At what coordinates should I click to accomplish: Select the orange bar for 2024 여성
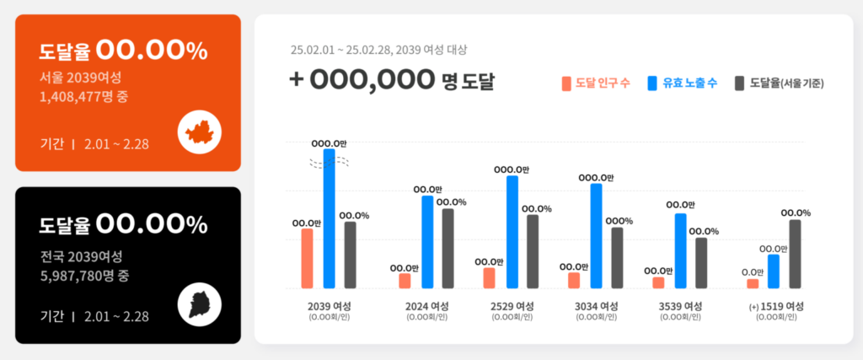click(x=405, y=280)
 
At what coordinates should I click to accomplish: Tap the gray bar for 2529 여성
click(x=532, y=251)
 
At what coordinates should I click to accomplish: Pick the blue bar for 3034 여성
click(x=596, y=235)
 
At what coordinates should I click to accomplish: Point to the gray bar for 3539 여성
click(x=701, y=262)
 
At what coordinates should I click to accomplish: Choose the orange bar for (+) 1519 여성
click(x=752, y=283)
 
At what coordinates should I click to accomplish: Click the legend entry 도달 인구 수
click(x=595, y=83)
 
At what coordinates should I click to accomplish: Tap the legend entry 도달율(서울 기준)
click(x=779, y=83)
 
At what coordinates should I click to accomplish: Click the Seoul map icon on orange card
click(x=199, y=131)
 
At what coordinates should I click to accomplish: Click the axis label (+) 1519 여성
click(x=776, y=306)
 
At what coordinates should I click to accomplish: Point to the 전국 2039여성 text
click(x=81, y=256)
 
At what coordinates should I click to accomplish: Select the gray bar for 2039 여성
click(x=350, y=254)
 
